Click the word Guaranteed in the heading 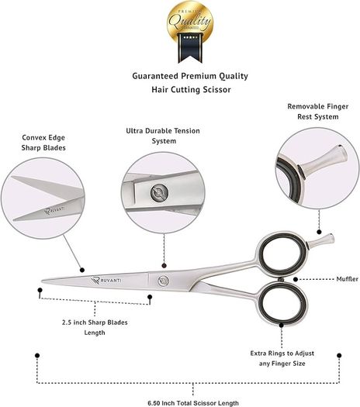[155, 76]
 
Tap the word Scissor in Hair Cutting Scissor [217, 90]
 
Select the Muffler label [348, 279]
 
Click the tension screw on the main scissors [164, 281]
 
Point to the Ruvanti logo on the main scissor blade [106, 281]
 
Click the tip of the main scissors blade [42, 281]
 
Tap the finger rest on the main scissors [320, 240]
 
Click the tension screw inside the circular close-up [159, 193]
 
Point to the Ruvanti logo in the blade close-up [54, 210]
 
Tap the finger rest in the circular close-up [323, 160]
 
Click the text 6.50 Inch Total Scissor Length [193, 403]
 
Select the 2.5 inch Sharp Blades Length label [95, 328]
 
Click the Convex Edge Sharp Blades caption [43, 143]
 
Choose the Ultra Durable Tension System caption [163, 136]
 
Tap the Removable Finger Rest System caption [318, 112]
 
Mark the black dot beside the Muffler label [296, 279]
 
